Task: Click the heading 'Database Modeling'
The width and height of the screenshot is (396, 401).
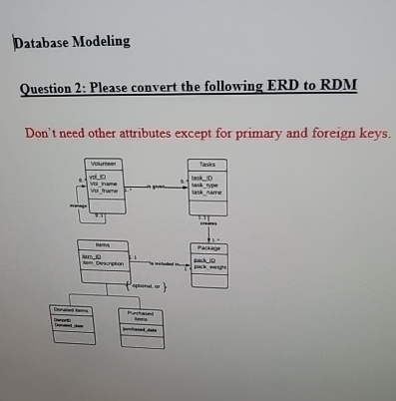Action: coord(72,42)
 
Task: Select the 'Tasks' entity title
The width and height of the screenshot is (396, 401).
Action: coord(207,164)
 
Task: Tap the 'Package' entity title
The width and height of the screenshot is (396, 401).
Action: coord(208,246)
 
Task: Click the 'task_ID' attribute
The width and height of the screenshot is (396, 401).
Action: coord(202,177)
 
